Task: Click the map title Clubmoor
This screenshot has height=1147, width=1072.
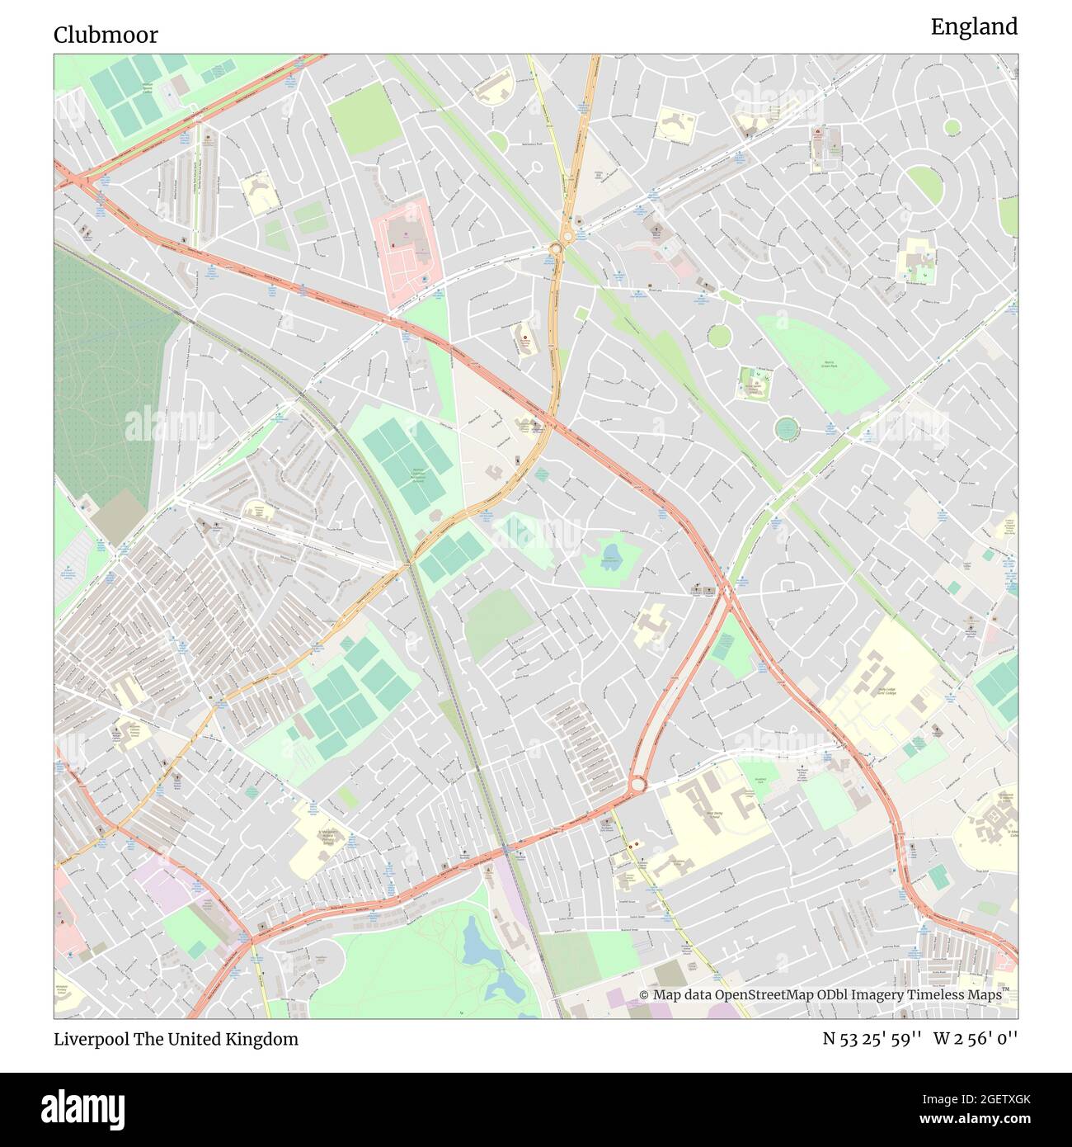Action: pyautogui.click(x=106, y=35)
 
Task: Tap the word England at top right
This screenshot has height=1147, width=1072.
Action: pyautogui.click(x=974, y=27)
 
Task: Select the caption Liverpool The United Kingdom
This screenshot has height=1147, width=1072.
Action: pyautogui.click(x=176, y=1039)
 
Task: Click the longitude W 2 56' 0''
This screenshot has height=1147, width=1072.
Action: pyautogui.click(x=976, y=1039)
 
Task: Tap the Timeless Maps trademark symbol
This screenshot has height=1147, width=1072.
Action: pyautogui.click(x=1005, y=990)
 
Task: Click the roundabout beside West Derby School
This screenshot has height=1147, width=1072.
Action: pyautogui.click(x=637, y=784)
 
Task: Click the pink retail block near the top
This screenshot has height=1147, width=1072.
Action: pyautogui.click(x=407, y=248)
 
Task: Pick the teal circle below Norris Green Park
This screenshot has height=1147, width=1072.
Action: pyautogui.click(x=787, y=427)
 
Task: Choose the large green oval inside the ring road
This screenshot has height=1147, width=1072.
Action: pyautogui.click(x=924, y=185)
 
